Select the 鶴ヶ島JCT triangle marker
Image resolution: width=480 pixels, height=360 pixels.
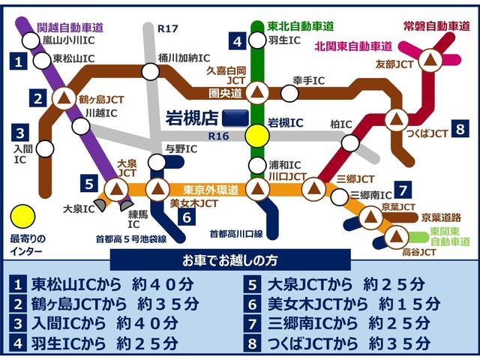pos(64,97)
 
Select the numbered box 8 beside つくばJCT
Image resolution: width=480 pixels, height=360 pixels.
pos(459,127)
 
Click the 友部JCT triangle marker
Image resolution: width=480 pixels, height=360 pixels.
pos(430,58)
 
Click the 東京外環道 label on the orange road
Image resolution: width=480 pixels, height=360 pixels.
pos(211,190)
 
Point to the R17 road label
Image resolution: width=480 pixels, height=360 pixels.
pos(167,28)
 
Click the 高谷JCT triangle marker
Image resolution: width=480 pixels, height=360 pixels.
pos(394,238)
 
